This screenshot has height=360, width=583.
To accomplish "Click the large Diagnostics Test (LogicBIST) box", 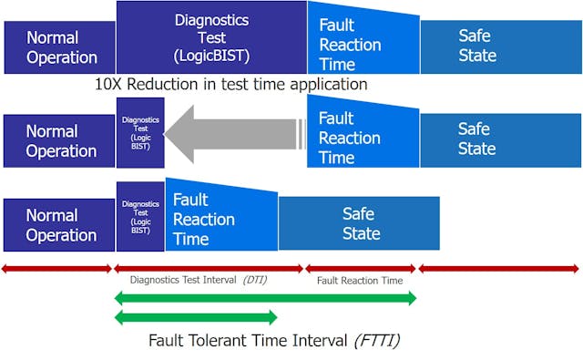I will [x=211, y=38].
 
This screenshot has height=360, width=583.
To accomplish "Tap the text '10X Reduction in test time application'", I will [x=230, y=84].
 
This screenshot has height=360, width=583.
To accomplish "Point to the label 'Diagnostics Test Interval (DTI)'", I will [x=199, y=281].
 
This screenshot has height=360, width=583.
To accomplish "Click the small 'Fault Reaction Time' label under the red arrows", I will [x=360, y=281].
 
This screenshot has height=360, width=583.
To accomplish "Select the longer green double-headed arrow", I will [x=264, y=297].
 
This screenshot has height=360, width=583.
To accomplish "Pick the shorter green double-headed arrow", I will [x=195, y=317].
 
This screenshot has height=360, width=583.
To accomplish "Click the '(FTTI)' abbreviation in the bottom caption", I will [x=377, y=341].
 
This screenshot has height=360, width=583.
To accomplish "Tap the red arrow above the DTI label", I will [x=208, y=269].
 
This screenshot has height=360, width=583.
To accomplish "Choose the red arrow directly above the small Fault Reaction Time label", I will [x=360, y=269].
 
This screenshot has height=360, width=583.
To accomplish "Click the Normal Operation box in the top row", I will [x=60, y=47].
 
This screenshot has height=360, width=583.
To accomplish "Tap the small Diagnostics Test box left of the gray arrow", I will [x=140, y=133].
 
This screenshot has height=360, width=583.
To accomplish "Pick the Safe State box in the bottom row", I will [x=360, y=223].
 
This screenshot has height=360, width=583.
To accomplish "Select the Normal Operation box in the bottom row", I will [x=60, y=225].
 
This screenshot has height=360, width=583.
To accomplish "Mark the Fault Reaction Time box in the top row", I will [x=363, y=44].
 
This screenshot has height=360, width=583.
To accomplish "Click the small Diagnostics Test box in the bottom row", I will [x=140, y=216].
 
